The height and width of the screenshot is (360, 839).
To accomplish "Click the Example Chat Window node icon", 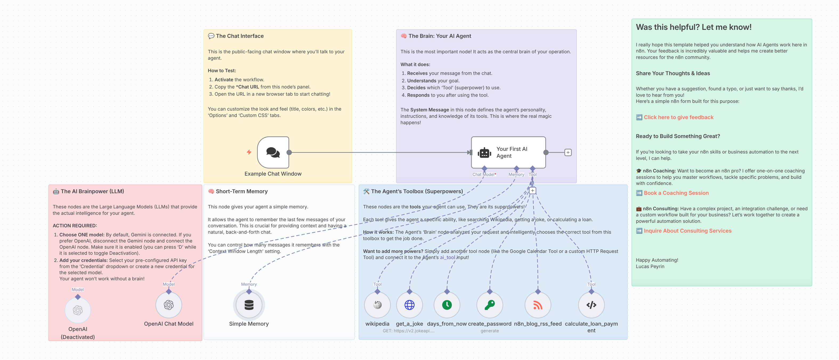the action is point(273,152).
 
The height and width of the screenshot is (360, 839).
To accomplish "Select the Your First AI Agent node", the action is point(508,152).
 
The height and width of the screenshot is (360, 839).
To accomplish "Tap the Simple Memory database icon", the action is point(249,305).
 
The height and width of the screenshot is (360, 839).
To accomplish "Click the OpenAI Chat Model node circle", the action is point(169,305).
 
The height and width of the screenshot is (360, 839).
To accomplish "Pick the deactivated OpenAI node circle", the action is point(78,310).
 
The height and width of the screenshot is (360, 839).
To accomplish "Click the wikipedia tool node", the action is point(377,305).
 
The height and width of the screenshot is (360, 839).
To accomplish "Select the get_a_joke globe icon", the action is point(410,305).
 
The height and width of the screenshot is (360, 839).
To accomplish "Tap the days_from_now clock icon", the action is point(447,305).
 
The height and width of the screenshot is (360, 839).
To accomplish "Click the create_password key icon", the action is point(489,305).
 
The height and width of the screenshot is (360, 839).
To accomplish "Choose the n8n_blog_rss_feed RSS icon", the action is point(538,305).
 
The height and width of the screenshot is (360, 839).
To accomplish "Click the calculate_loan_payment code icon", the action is point(591,305).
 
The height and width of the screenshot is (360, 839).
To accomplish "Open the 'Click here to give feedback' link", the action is point(678,117).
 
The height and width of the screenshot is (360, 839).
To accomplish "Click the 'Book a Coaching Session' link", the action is point(676,193).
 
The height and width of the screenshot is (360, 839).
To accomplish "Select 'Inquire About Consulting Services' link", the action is point(688,231).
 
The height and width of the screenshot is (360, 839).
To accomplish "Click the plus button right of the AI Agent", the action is point(568,152).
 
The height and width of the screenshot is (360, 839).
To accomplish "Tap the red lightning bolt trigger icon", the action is point(249,152).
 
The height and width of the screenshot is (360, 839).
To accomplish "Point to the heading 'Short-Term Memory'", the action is point(242,191).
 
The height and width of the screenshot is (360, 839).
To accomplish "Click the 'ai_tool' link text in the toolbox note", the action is point(448,257).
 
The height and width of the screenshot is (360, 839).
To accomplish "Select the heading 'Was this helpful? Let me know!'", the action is point(694,27).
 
